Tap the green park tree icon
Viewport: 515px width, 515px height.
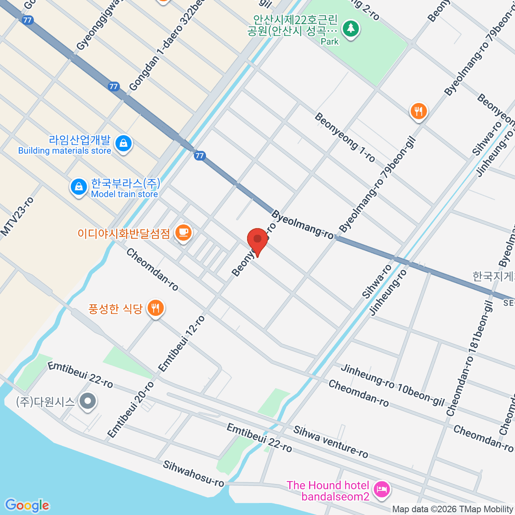coord(351,29)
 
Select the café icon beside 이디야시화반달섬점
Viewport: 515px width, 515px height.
coord(184,233)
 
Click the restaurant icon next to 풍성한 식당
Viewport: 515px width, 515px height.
coord(155,308)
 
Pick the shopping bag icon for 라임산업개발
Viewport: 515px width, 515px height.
coord(124,143)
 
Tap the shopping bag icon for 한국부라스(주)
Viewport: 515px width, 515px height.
coord(79,187)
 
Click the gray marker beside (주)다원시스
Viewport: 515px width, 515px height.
coord(88,402)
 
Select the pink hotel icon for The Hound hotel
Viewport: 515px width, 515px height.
coord(382,489)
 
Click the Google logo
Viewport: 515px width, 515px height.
coord(27,505)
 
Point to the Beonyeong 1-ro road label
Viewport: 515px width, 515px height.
coord(345,137)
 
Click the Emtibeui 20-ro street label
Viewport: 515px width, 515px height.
coord(130,410)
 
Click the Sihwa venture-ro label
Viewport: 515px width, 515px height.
coord(330,442)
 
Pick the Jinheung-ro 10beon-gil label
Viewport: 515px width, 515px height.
coord(392,385)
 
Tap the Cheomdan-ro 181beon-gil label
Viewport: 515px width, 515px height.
coord(470,358)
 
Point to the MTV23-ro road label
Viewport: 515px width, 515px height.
coord(17,217)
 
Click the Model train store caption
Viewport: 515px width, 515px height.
coord(124,194)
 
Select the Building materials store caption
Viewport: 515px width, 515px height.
coord(64,151)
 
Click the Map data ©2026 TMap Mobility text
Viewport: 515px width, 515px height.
coord(452,509)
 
